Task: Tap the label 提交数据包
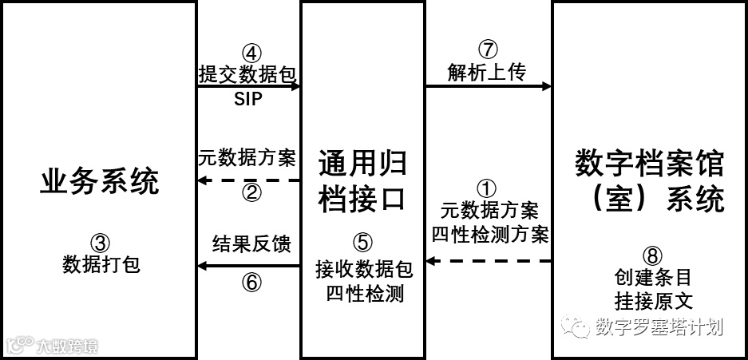coord(247,75)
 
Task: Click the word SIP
coord(248,99)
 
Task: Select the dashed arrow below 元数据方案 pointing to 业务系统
coord(248,180)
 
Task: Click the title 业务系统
coord(100,181)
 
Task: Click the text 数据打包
coord(101,264)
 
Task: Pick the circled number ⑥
coord(251,283)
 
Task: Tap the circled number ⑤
coord(363,242)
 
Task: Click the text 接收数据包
coord(364,270)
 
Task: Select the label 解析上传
coord(487,73)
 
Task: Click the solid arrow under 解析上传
coord(488,85)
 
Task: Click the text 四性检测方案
coord(490,235)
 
